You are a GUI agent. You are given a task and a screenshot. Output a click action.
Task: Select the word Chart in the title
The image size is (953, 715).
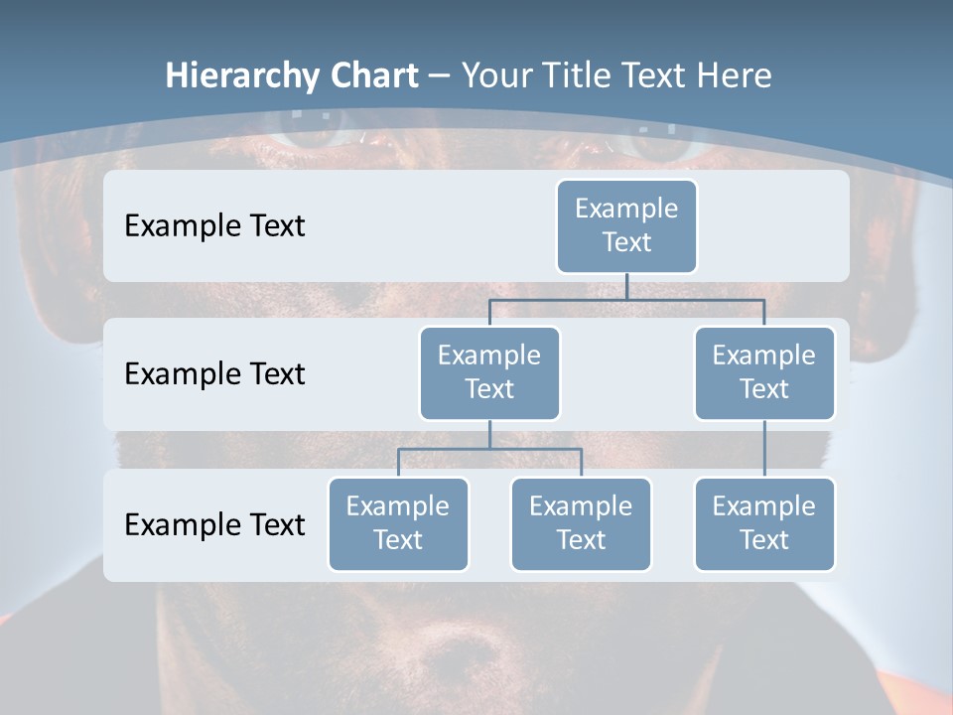(373, 75)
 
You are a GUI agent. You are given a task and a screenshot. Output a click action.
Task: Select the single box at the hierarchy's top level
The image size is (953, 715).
(626, 225)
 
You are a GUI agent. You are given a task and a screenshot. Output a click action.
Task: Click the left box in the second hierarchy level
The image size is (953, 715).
(489, 372)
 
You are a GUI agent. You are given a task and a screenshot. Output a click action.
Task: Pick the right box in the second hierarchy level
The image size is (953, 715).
(764, 372)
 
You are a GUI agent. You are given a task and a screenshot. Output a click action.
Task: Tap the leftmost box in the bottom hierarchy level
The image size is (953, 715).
(398, 523)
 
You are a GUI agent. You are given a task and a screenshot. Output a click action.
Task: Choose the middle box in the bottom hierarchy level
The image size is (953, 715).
(581, 523)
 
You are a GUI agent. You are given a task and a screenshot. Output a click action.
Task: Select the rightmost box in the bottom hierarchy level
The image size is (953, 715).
(764, 523)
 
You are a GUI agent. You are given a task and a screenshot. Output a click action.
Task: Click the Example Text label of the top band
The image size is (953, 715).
(214, 225)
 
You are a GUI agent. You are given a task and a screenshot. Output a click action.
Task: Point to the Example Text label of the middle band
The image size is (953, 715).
(214, 373)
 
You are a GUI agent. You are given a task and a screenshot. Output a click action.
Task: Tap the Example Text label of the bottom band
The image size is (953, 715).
(214, 524)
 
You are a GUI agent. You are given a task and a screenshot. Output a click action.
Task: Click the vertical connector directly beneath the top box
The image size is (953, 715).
(626, 286)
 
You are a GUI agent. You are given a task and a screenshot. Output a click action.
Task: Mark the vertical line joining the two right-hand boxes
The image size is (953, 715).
(764, 448)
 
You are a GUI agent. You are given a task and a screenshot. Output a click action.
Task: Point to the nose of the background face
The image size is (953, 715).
(467, 645)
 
